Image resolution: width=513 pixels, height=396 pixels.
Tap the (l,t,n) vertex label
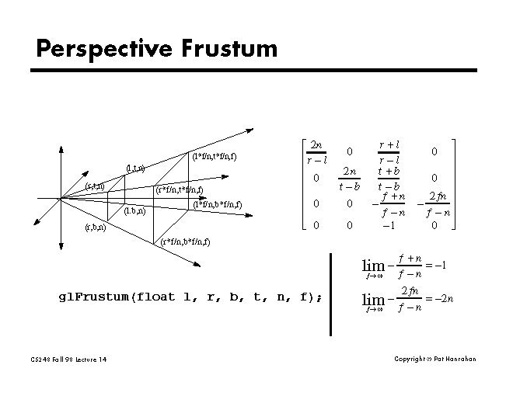tap(136, 168)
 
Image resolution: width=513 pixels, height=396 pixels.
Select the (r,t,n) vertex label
tap(95, 186)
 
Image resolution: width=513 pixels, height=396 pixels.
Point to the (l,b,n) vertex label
tap(134, 210)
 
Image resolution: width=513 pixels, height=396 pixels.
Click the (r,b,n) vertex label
tap(96, 228)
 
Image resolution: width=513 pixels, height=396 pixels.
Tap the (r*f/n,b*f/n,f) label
tap(184, 241)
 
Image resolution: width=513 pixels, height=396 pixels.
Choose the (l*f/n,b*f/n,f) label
tap(218, 205)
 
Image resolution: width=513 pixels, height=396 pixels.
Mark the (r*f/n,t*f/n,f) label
tap(180, 189)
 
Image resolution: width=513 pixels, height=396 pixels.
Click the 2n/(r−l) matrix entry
tap(316, 152)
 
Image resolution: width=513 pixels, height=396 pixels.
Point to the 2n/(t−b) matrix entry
tap(351, 178)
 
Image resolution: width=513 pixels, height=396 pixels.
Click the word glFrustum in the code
tap(93, 297)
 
